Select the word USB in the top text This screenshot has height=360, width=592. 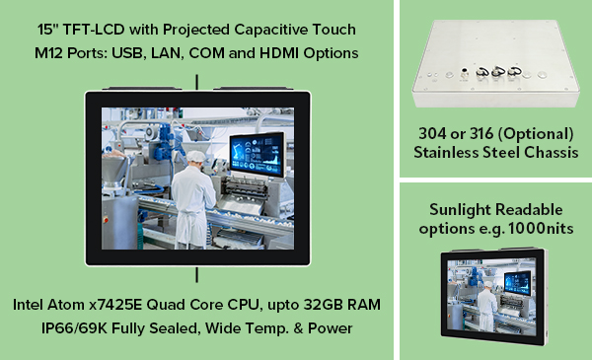tap(126, 52)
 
